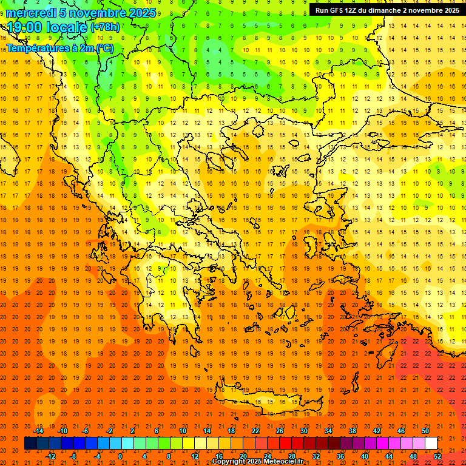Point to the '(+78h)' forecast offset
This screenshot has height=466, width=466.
[105, 27]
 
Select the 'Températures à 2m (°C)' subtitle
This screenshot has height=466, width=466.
[59, 48]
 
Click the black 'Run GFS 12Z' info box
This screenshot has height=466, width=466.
[387, 10]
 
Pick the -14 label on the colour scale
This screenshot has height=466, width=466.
[39, 431]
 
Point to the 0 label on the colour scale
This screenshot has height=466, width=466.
[120, 456]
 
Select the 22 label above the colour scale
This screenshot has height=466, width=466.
[255, 431]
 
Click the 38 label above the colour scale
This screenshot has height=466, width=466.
[353, 431]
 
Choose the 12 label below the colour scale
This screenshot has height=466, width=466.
[195, 456]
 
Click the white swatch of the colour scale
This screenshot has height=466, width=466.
[431, 444]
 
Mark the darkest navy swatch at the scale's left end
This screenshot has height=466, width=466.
[30, 444]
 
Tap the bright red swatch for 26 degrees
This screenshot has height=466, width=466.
[285, 444]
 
